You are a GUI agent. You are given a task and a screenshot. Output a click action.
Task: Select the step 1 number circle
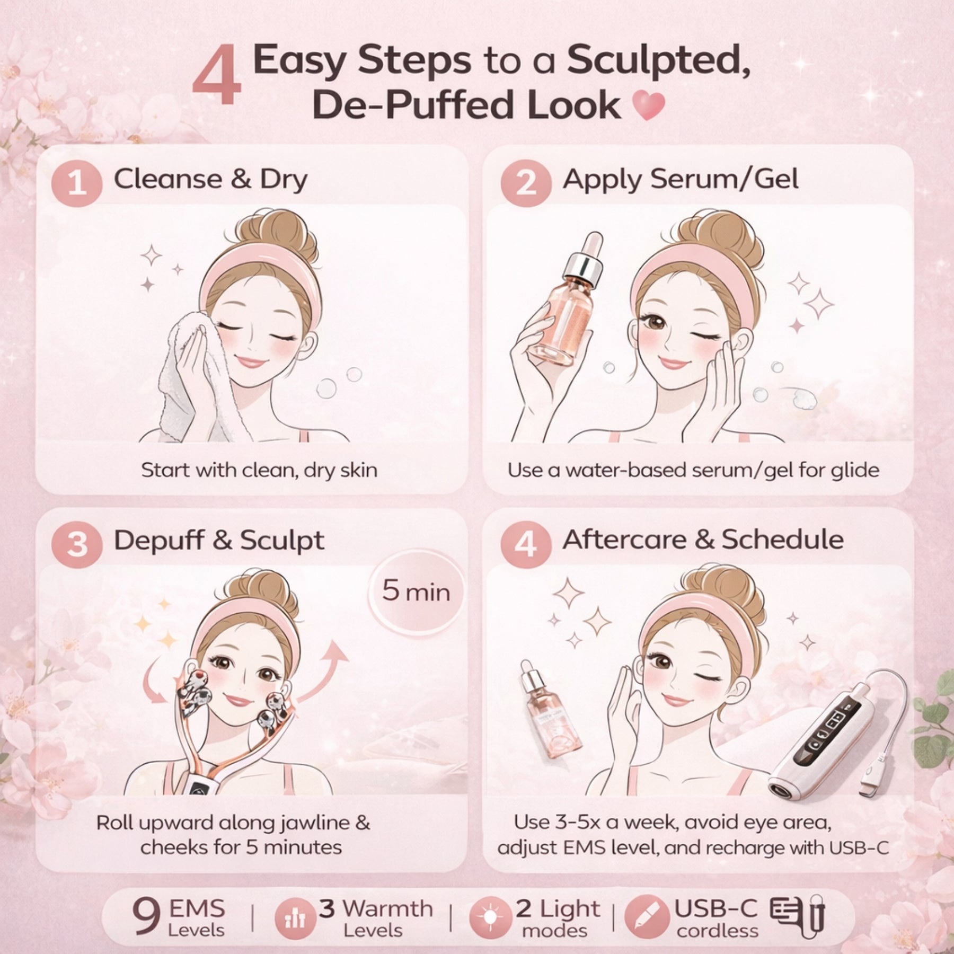point(77,183)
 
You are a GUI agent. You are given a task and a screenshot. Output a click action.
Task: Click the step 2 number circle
point(525,183)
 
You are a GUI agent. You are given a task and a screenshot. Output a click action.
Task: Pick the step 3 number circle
point(77,544)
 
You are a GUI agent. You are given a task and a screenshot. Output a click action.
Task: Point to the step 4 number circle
point(525,544)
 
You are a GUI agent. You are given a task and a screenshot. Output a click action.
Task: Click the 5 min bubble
point(416,591)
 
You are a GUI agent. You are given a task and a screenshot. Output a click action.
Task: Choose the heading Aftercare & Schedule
point(702,540)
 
